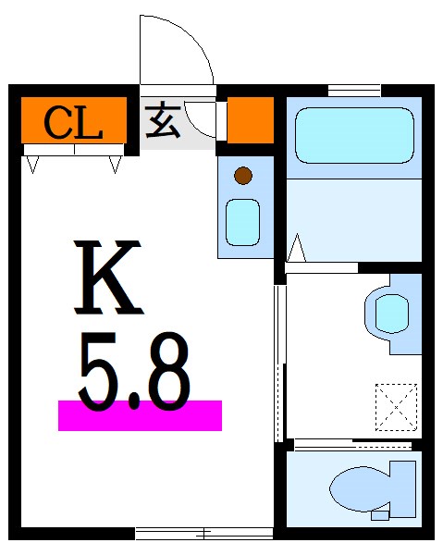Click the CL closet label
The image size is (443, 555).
pyautogui.click(x=72, y=122)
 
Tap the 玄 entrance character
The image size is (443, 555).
pyautogui.click(x=163, y=122)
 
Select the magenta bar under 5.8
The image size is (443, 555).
pyautogui.click(x=140, y=415)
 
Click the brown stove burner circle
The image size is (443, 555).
pyautogui.click(x=243, y=174)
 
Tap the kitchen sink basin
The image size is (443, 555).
pyautogui.click(x=244, y=221)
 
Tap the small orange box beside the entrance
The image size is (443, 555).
pyautogui.click(x=250, y=120)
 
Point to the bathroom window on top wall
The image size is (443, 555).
pyautogui.click(x=354, y=90)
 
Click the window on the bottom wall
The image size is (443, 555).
pyautogui.click(x=203, y=532)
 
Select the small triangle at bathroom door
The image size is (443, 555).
pyautogui.click(x=297, y=248)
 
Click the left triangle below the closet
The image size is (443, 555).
pyautogui.click(x=33, y=165)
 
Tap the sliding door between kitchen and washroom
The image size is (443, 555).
pyautogui.click(x=278, y=361)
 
